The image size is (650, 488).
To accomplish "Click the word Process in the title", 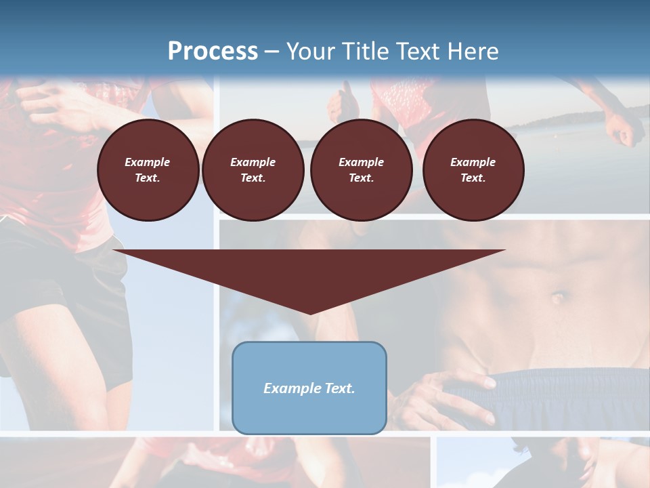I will [x=213, y=51].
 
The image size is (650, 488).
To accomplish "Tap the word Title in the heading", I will [x=365, y=51].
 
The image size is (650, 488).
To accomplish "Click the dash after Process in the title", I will [x=272, y=52].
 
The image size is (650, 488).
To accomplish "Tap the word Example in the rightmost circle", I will [x=473, y=162].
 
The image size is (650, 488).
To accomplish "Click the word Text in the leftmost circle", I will [x=147, y=178].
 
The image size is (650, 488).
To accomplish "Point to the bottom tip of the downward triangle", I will [x=310, y=313].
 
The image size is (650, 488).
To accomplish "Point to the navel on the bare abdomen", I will [x=558, y=297].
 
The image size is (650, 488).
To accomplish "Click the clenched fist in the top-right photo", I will [x=622, y=129].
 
